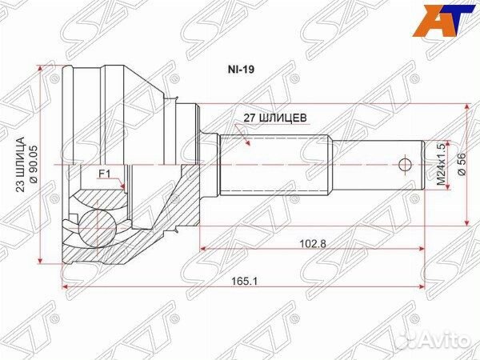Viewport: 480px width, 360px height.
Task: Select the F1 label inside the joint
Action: pyautogui.click(x=104, y=174)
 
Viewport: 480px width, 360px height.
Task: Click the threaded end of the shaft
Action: pyautogui.click(x=376, y=166)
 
